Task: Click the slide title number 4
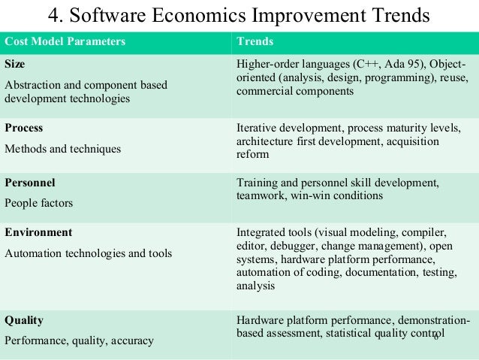[55, 14]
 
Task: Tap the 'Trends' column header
[255, 41]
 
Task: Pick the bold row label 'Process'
[23, 128]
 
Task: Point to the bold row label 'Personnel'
[30, 182]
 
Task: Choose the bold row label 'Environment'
[38, 232]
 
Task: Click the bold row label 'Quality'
[24, 320]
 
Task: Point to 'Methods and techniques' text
[63, 148]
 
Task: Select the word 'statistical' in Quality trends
[349, 334]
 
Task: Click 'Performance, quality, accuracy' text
[79, 340]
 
